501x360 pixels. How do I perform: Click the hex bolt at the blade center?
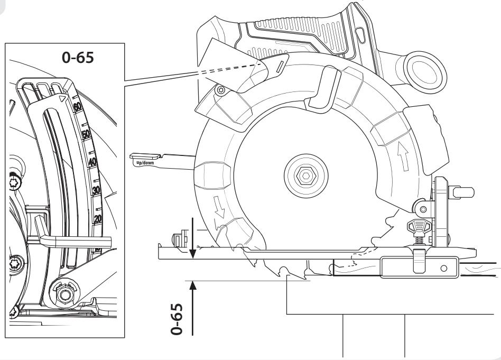(x=306, y=176)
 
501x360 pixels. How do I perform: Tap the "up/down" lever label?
(x=145, y=163)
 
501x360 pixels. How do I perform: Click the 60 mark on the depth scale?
(x=78, y=107)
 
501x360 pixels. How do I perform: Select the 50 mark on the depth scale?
(x=86, y=134)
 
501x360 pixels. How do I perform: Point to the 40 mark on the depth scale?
(x=92, y=162)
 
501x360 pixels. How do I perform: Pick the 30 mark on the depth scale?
(x=96, y=190)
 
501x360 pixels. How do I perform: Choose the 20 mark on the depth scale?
(x=98, y=219)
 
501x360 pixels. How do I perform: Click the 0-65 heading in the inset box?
(x=78, y=58)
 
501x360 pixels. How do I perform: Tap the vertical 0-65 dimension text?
(x=177, y=319)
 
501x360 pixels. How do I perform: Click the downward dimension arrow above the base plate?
(x=192, y=238)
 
